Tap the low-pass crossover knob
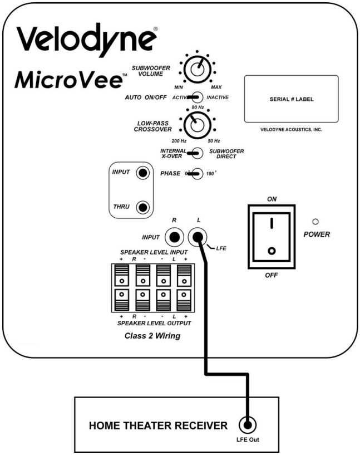point(195,126)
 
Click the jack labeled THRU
point(144,208)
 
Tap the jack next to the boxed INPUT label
point(144,174)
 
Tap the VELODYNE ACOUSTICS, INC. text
point(292,130)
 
